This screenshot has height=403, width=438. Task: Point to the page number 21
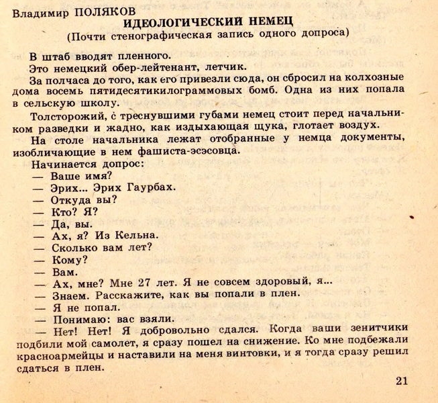(x=402, y=381)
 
